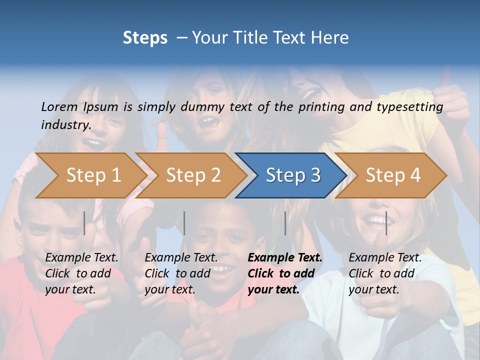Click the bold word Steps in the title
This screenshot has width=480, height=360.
[x=145, y=38]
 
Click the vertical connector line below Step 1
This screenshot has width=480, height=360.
[x=84, y=223]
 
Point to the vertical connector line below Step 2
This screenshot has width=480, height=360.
[x=184, y=223]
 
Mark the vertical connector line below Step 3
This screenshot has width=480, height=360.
[x=285, y=223]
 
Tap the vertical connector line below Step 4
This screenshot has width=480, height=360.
[x=386, y=223]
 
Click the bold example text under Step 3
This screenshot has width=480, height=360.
[x=284, y=273]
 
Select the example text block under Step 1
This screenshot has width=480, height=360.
[x=81, y=273]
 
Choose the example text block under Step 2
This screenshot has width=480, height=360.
[x=181, y=273]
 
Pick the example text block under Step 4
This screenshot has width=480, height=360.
[x=385, y=273]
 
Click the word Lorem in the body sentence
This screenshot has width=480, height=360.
[x=59, y=106]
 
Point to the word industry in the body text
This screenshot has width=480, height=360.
[x=65, y=125]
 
